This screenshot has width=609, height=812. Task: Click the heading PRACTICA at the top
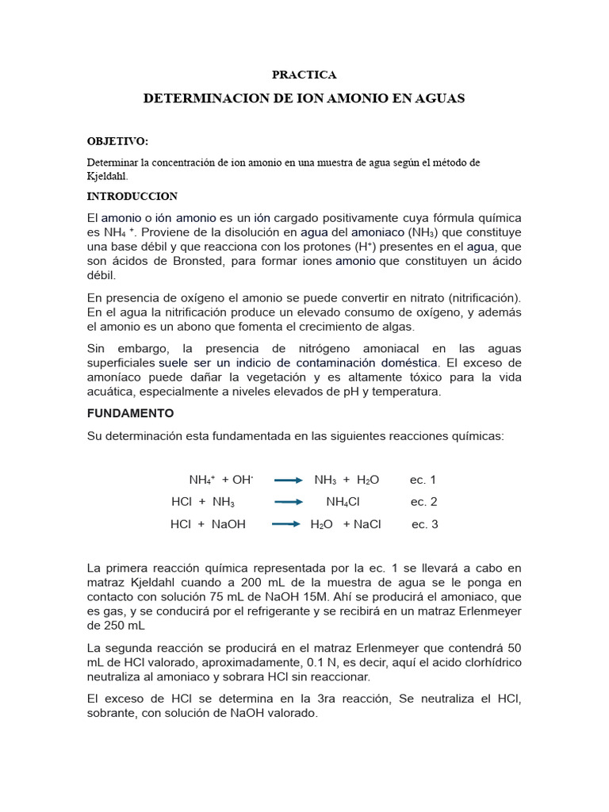[304, 75]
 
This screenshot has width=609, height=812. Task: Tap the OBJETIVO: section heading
[117, 141]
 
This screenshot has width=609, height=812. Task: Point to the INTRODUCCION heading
[132, 197]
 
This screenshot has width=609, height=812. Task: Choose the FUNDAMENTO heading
[130, 414]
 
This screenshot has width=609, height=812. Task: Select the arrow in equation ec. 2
[288, 503]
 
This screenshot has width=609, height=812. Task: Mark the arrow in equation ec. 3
[288, 525]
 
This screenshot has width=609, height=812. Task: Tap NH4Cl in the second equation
[343, 503]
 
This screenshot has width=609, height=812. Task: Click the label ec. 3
[425, 525]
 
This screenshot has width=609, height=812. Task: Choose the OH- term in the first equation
[242, 480]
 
